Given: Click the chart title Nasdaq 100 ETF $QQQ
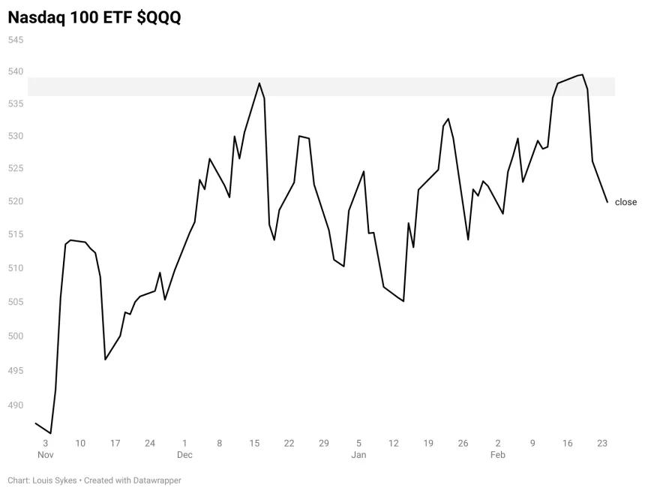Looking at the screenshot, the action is tap(94, 18).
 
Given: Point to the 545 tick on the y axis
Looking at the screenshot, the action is tap(16, 40).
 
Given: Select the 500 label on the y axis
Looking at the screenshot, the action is tap(16, 336).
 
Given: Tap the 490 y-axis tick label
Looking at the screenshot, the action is tap(16, 405).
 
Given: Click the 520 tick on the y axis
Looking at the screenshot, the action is tap(16, 201).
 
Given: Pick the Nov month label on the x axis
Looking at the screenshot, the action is tap(45, 455).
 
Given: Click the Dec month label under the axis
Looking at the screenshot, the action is tap(184, 455).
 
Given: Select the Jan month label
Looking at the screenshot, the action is tap(358, 455).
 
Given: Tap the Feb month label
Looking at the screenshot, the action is tap(498, 455).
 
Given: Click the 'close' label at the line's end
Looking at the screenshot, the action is tap(625, 202).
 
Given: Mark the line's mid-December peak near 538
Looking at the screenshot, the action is tap(259, 83).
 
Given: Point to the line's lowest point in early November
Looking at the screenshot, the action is tap(50, 433).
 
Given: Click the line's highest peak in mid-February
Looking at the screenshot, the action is tap(582, 74).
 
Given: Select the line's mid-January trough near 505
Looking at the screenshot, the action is tap(403, 301).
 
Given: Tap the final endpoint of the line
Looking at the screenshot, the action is tap(607, 202).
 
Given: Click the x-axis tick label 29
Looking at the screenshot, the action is tap(324, 444).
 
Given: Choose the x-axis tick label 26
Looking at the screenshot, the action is tap(463, 444).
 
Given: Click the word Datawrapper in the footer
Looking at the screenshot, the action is tap(157, 480).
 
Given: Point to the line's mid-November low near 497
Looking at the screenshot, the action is tap(105, 360).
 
